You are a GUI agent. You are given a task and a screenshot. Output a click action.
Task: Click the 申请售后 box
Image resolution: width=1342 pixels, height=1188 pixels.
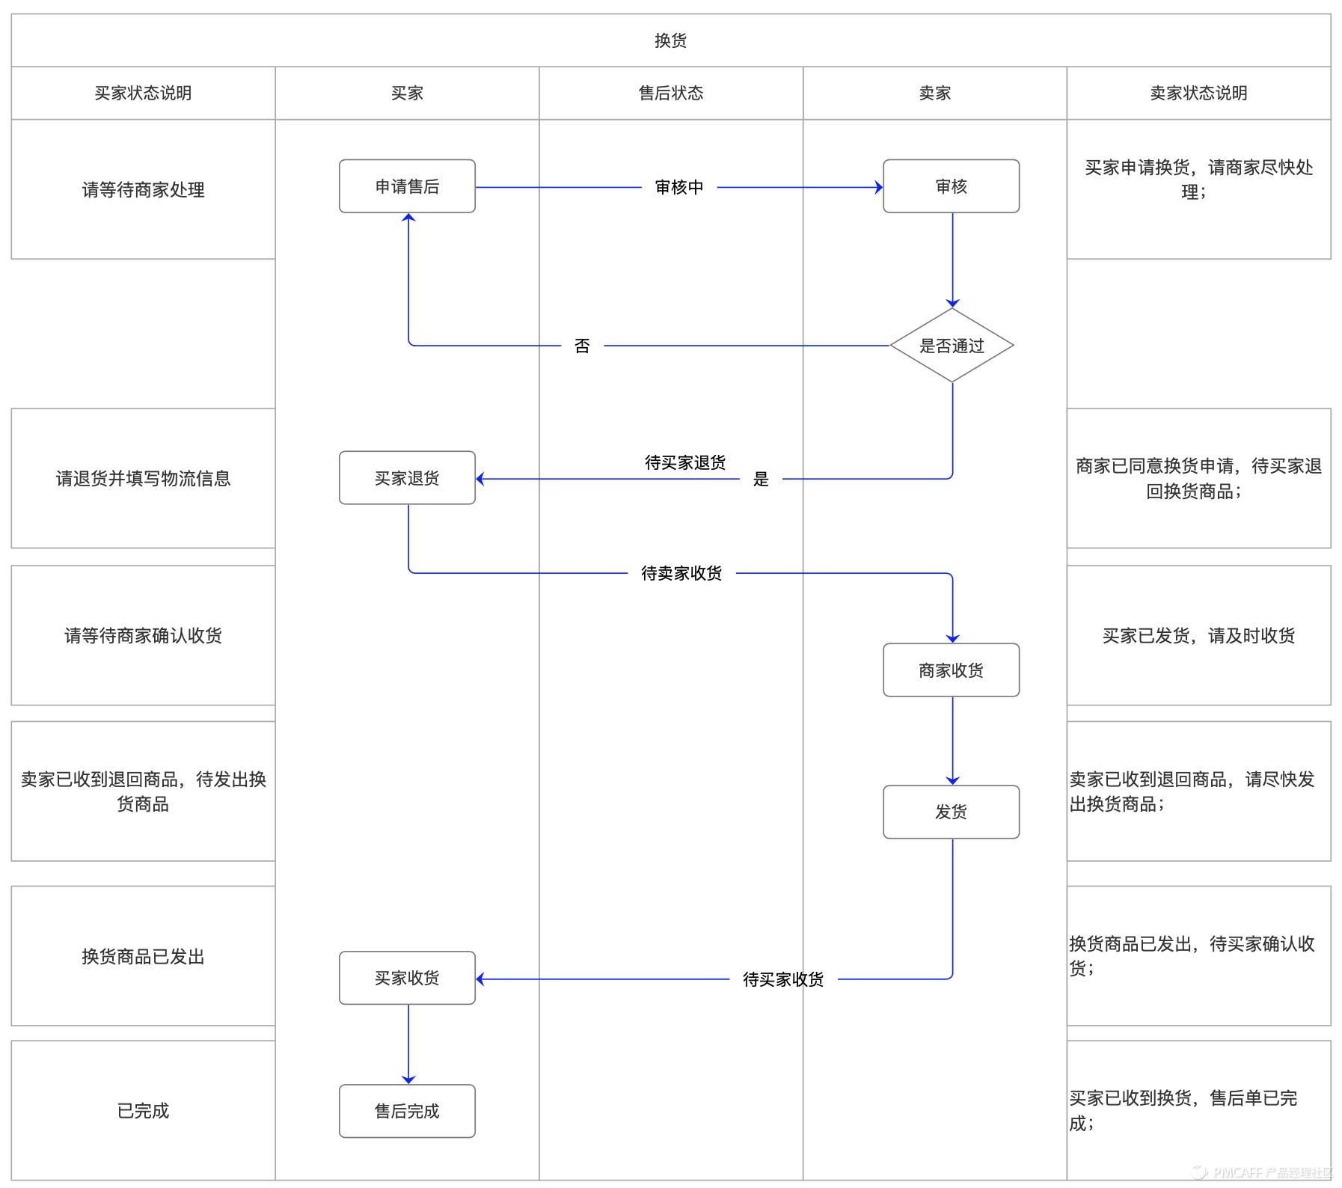click(x=407, y=186)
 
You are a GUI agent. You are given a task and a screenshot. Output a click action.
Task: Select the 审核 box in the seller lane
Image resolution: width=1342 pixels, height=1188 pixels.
click(x=951, y=186)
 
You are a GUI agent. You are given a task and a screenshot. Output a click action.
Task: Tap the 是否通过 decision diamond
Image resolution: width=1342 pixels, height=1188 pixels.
click(x=952, y=346)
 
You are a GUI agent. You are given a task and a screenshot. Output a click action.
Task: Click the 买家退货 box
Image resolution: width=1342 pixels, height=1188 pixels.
click(x=407, y=478)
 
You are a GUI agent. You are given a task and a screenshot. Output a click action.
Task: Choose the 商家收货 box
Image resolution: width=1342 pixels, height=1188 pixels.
click(x=951, y=670)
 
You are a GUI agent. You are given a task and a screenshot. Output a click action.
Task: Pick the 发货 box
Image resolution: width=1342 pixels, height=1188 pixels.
click(x=951, y=812)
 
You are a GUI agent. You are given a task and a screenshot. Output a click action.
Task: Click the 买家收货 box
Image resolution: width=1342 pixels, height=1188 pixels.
click(x=407, y=978)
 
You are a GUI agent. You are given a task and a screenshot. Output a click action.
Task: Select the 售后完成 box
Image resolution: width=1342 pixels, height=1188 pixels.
click(x=407, y=1111)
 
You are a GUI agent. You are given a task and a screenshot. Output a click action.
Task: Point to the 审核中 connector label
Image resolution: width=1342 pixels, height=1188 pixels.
click(x=679, y=187)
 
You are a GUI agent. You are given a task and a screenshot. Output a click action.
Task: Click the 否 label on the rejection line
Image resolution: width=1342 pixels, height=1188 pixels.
click(x=582, y=346)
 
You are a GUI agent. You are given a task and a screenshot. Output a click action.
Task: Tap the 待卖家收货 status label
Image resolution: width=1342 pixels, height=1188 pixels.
click(x=681, y=573)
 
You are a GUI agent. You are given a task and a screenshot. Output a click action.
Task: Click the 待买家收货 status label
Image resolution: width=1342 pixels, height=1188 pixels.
click(x=783, y=979)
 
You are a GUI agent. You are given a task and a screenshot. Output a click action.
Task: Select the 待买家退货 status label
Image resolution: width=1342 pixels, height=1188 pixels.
click(x=685, y=462)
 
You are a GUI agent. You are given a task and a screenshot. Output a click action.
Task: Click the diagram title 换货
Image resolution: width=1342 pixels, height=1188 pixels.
click(x=670, y=40)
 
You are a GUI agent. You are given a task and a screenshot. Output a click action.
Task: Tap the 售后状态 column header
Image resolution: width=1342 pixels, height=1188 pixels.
click(x=670, y=93)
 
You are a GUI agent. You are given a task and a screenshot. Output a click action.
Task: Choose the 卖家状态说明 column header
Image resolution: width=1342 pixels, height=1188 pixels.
click(x=1198, y=93)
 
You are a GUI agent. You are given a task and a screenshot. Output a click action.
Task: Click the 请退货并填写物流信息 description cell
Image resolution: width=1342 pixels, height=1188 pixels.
click(x=143, y=478)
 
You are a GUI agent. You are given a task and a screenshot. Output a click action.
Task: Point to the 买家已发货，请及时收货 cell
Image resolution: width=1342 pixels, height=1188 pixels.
click(x=1198, y=635)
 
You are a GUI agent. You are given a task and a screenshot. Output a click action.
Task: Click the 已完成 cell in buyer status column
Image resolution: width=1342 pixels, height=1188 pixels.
click(x=143, y=1111)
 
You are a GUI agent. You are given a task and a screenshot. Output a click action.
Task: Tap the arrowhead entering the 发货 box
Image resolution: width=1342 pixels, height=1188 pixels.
click(x=952, y=780)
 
